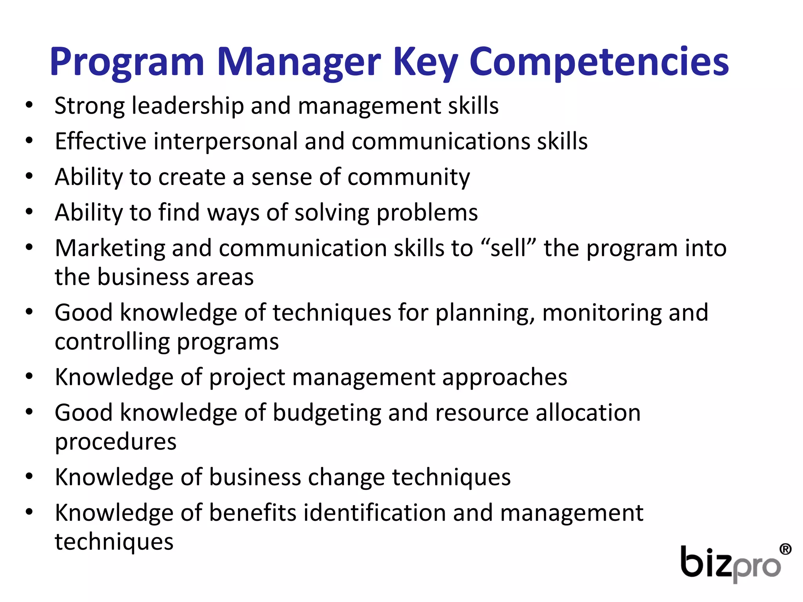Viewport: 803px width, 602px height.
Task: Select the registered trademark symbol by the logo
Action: coord(785,549)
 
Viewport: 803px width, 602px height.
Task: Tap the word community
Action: coord(409,177)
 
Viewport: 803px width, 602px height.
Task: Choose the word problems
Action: coord(427,213)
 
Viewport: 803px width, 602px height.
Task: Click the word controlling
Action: coord(112,342)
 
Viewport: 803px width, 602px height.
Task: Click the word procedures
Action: coord(116,442)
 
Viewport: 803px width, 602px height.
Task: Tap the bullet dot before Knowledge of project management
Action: coord(29,376)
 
